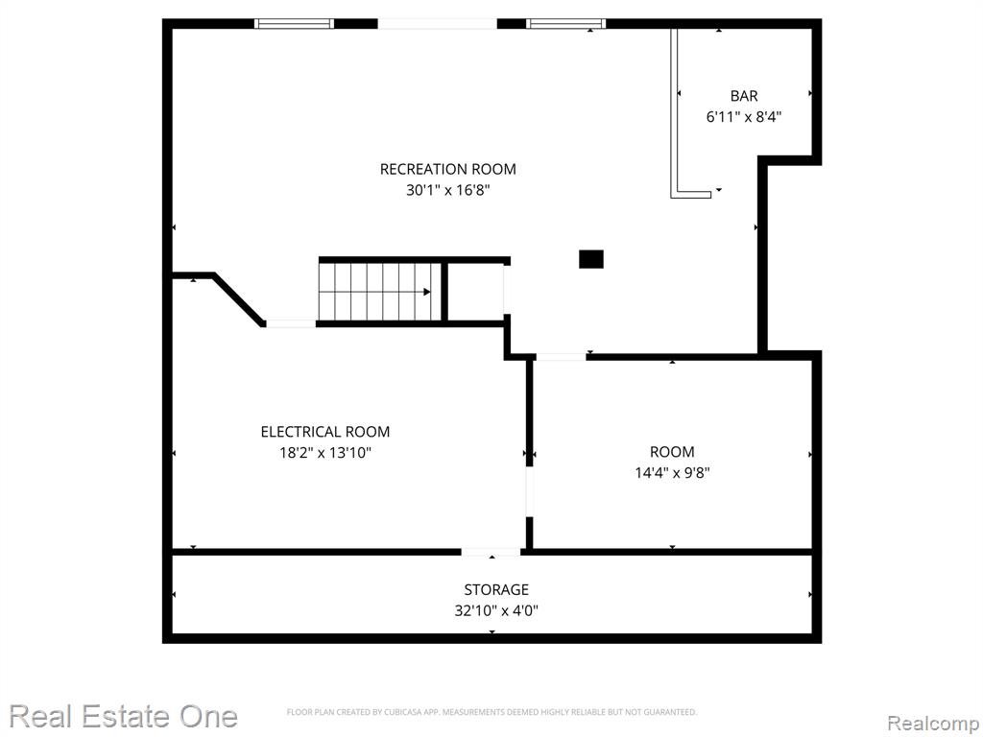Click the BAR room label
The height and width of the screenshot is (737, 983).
(744, 96)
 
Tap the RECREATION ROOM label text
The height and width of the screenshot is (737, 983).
(447, 169)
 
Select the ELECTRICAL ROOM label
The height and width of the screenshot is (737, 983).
(324, 432)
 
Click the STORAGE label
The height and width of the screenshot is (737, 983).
(496, 590)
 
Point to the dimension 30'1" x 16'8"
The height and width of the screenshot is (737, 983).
(447, 190)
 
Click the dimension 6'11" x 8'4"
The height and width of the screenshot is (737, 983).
(744, 116)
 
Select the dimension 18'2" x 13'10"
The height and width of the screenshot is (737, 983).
(324, 453)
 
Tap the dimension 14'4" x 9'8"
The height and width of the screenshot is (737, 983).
(672, 472)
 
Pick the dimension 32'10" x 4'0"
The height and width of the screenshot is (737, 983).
(496, 610)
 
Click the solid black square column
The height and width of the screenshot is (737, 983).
(590, 259)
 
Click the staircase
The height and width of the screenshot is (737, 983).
(381, 292)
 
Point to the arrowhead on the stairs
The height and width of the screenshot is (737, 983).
(427, 292)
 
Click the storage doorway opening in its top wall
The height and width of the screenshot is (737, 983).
(491, 552)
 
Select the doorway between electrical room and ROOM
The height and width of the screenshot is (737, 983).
(529, 492)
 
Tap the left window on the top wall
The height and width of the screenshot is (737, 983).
(294, 24)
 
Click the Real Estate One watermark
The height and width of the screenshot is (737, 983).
(124, 716)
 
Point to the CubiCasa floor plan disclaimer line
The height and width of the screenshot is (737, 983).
(491, 712)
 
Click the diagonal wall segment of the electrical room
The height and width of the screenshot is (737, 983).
(239, 299)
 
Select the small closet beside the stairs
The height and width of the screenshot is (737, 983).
(475, 292)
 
